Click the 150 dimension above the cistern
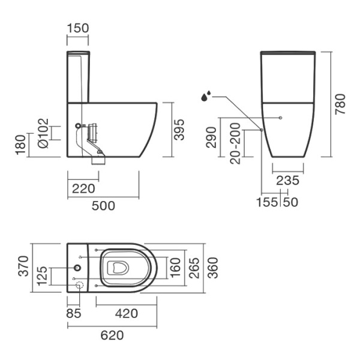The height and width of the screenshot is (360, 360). (x=78, y=28)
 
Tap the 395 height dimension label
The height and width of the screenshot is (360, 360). (x=179, y=130)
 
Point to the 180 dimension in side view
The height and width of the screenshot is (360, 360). (x=20, y=145)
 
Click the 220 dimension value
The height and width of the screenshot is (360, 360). (x=83, y=188)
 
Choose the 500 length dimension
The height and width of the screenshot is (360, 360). (x=103, y=206)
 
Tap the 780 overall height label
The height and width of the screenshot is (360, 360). (x=341, y=103)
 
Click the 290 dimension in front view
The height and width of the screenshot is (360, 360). (x=210, y=138)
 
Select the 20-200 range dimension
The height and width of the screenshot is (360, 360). (x=235, y=144)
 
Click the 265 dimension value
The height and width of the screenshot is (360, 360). (x=193, y=268)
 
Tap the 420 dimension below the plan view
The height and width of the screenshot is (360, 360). (x=126, y=313)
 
